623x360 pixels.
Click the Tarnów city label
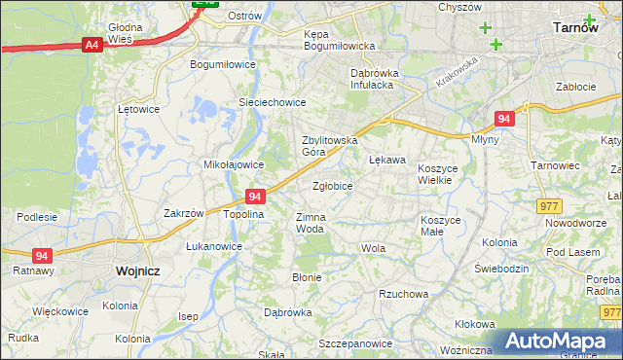(x=574, y=28)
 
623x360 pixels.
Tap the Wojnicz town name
(x=136, y=271)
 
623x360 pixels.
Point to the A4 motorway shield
(x=92, y=44)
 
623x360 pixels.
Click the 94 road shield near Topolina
(x=255, y=196)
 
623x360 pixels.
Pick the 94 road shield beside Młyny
(x=502, y=119)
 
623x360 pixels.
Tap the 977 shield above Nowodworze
(x=550, y=205)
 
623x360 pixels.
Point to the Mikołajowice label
(x=233, y=164)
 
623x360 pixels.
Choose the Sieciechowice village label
(x=273, y=102)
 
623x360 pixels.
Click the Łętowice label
(x=137, y=109)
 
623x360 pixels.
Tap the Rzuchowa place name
(x=403, y=294)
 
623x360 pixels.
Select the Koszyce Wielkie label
(x=443, y=174)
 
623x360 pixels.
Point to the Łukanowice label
(x=214, y=246)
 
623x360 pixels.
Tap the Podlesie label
(x=36, y=217)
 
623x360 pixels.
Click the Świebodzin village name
(x=500, y=268)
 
